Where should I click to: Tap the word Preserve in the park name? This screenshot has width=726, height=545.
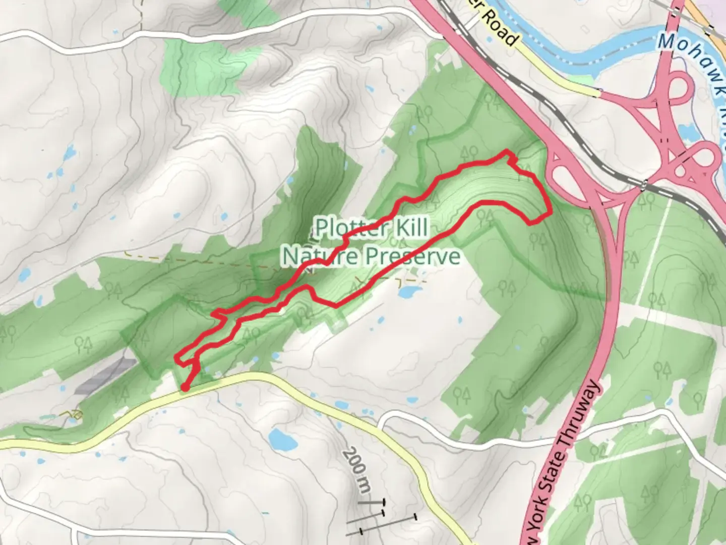point(412,256)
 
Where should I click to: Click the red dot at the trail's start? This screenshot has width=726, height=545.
point(185,387)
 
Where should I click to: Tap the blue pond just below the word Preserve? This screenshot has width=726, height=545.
point(409,291)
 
